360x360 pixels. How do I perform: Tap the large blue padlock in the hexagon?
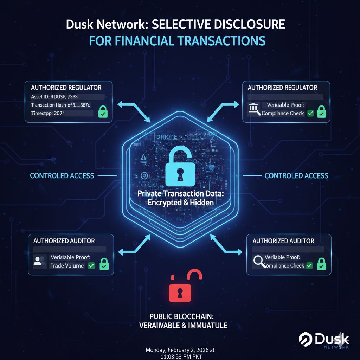point(180,165)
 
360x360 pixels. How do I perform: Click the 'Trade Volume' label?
point(67,266)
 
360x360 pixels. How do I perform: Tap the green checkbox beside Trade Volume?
point(91,266)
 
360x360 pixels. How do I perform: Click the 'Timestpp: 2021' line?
point(48,114)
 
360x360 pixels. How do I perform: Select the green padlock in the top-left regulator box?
point(103,112)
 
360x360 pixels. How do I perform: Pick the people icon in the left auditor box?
point(40,261)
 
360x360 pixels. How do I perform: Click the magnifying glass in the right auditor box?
point(259,261)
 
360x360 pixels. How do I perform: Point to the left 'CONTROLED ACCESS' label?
point(62,175)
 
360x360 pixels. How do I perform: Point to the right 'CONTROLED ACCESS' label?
point(296,175)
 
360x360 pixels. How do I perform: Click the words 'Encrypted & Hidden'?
point(180,202)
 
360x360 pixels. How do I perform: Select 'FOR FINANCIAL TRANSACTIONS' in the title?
point(177,41)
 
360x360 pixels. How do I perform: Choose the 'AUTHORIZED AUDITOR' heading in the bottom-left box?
point(64,241)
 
